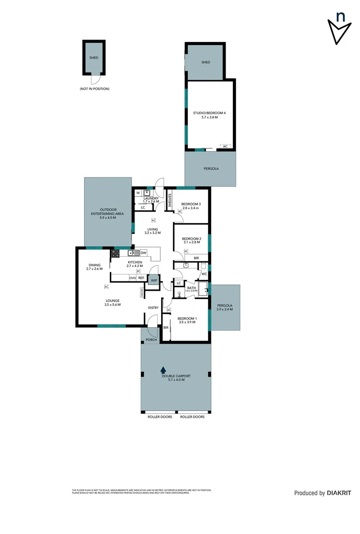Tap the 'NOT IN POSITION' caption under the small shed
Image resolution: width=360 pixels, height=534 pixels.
[x=94, y=89]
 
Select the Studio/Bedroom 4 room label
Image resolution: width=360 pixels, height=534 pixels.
[x=209, y=113]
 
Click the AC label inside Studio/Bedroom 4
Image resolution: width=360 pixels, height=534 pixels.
[x=225, y=147]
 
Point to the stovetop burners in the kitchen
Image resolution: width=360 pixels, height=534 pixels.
[x=115, y=254]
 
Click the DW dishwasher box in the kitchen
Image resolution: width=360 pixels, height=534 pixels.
[x=143, y=253]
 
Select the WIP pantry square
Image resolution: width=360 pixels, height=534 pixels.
[x=154, y=280]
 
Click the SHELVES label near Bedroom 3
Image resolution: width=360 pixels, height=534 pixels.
[x=169, y=200]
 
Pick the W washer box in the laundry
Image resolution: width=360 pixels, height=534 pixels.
[x=138, y=193]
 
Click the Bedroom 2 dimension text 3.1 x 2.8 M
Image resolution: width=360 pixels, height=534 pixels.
[x=190, y=242]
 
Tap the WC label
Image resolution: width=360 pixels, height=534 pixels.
[x=203, y=273]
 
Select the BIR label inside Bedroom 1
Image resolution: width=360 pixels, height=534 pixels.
[x=166, y=327]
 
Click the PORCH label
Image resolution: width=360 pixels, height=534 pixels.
[x=151, y=340]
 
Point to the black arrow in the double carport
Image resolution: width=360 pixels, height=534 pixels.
[x=163, y=369]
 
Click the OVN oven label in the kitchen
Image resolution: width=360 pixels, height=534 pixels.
[x=133, y=278]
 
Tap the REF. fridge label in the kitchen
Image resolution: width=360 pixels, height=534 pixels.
[x=141, y=278]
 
